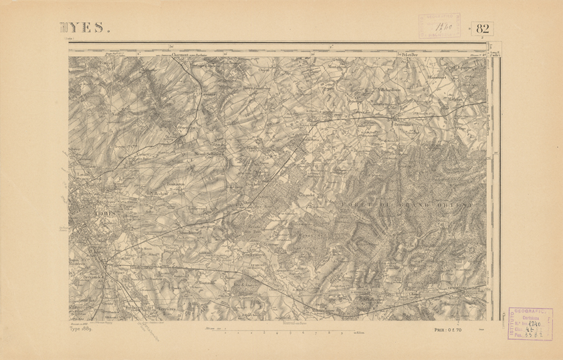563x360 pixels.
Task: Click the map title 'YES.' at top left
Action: [84, 27]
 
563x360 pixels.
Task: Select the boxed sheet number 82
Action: [484, 27]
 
